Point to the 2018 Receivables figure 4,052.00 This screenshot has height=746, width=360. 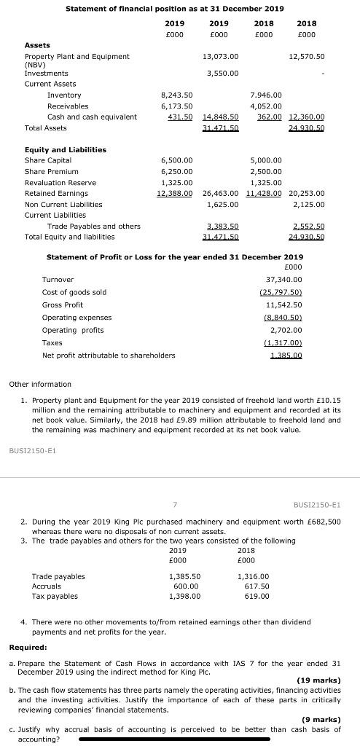[x=265, y=106]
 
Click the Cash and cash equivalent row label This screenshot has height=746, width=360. [x=92, y=117]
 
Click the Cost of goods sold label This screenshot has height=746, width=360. [x=74, y=292]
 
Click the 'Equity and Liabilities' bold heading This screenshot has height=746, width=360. [x=66, y=149]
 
